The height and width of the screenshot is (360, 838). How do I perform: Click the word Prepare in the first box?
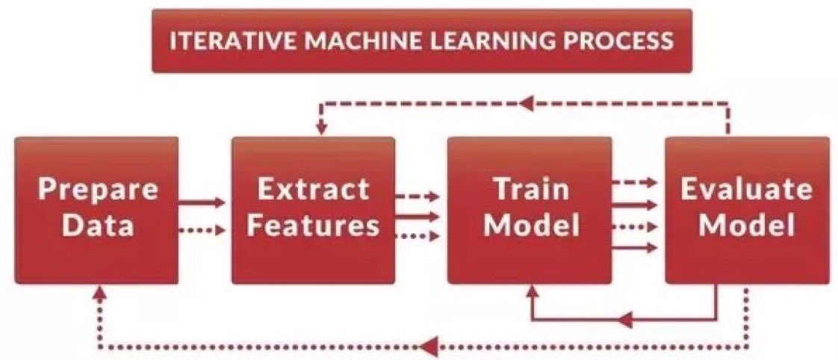point(98,189)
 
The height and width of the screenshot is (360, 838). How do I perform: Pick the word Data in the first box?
point(98,224)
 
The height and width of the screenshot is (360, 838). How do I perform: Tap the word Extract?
point(313,189)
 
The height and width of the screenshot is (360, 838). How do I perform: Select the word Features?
point(313,224)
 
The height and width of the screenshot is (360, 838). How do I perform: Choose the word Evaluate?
point(746,189)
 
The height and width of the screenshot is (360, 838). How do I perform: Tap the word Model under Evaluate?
point(746,224)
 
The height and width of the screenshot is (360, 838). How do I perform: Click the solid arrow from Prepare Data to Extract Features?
point(201,202)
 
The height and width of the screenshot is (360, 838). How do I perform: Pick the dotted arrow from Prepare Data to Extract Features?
point(201,231)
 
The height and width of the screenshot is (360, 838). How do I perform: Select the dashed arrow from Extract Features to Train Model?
point(417,197)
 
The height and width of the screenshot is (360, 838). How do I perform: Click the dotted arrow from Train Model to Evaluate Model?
point(634,226)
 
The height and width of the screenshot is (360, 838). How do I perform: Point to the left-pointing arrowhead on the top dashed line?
point(527,100)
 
